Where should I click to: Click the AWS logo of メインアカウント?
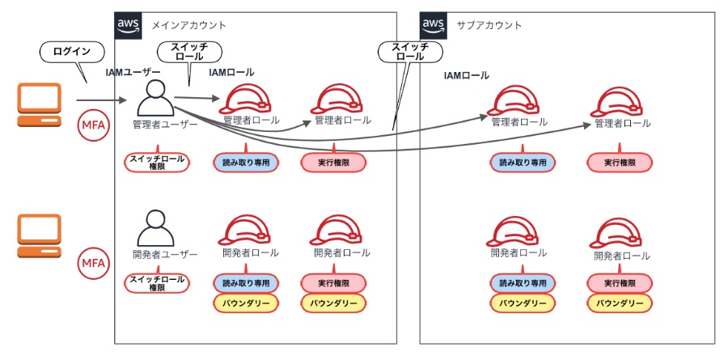coord(129,26)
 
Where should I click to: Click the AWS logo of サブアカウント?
coord(434,26)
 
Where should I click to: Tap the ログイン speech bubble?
coord(72,53)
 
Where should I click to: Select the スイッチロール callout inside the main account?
coord(187,53)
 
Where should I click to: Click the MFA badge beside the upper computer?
coord(92,126)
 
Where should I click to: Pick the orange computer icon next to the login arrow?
coord(40,107)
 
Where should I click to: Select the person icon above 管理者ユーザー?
coord(155,99)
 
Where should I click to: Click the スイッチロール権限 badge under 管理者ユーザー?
coord(156,162)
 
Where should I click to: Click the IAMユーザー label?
coord(133,73)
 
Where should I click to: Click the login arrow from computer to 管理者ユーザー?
coord(102,100)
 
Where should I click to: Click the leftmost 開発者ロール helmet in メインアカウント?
coord(245,231)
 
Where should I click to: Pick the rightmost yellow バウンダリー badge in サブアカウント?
coord(620,303)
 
